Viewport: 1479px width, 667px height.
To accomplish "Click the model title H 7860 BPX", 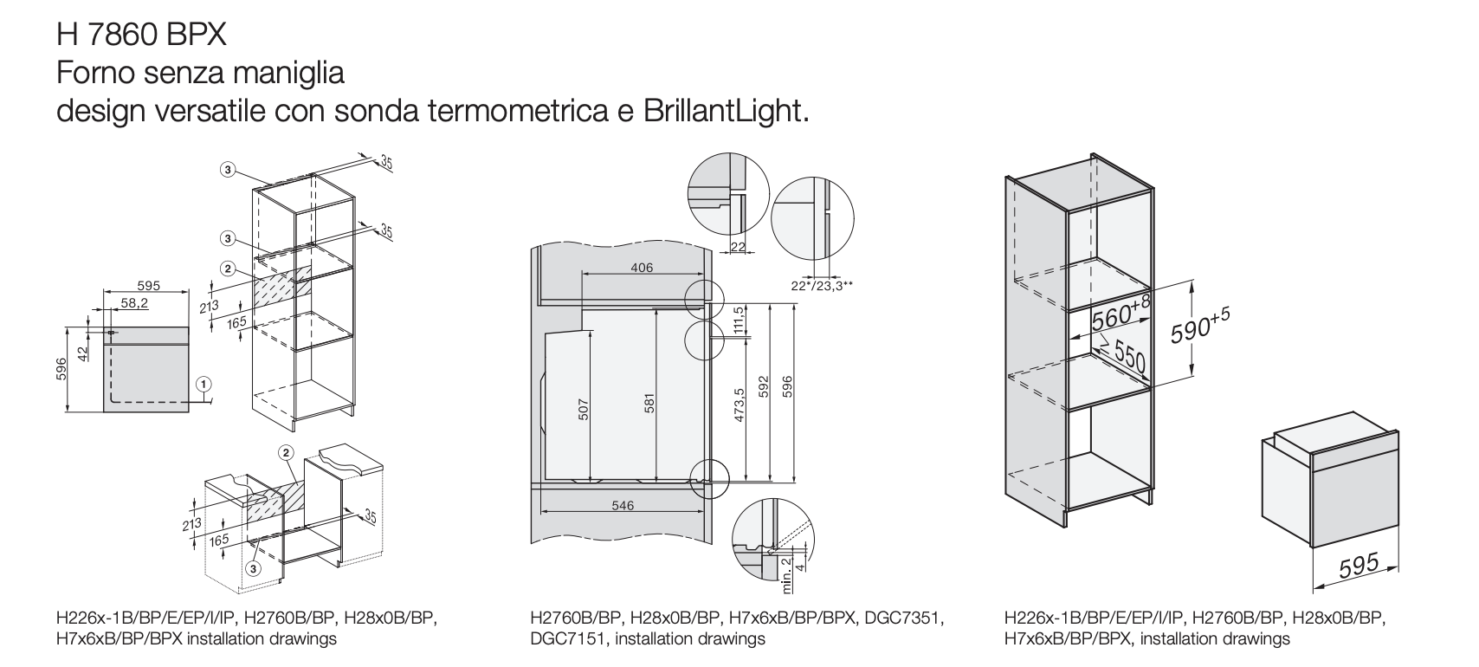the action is coord(141,35).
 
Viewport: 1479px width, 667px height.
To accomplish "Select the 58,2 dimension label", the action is coord(135,303).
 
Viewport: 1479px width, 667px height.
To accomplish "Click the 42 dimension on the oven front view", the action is coord(83,353).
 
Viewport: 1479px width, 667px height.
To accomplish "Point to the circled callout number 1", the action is coord(203,384).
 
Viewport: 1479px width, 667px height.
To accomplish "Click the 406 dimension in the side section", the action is coord(642,268).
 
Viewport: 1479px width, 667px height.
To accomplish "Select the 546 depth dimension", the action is coord(623,505).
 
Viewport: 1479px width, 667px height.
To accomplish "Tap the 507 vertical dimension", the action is coord(583,410).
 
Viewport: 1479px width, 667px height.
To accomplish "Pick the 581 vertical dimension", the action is coord(649,404).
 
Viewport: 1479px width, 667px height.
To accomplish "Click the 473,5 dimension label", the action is coord(739,405).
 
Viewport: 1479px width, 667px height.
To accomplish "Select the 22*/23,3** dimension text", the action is coord(822,286).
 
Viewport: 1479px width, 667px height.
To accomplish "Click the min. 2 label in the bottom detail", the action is coord(786,574).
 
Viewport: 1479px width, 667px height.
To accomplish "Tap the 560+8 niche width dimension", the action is coord(1121,313).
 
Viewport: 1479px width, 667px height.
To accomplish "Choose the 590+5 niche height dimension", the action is coord(1200,327).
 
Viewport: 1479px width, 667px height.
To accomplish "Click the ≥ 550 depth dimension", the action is coord(1123,353).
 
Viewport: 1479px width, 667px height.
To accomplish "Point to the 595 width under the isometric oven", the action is coord(1359,567).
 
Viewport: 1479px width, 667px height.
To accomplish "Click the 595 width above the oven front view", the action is coord(149,286).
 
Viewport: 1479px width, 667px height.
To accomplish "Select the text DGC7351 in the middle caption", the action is coord(901,618).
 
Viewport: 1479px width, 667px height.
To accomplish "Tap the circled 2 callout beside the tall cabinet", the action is coord(228,269).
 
